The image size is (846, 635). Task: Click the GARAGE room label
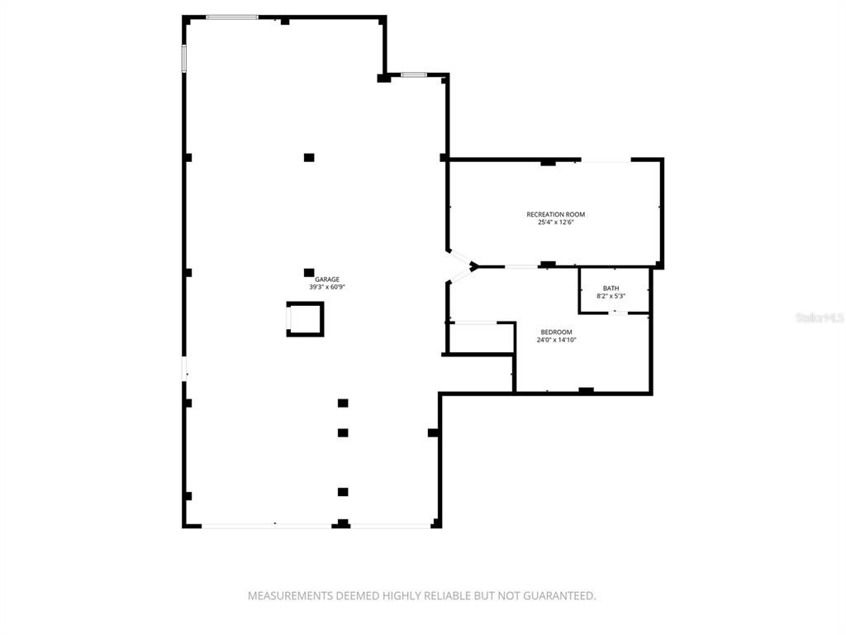[x=327, y=279]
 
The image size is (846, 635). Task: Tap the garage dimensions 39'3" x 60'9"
[x=327, y=288]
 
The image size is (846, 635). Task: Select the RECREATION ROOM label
[x=555, y=215]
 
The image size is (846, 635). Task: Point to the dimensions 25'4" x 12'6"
[x=555, y=222]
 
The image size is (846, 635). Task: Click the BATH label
[x=611, y=289]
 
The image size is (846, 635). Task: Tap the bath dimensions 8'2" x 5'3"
[x=611, y=296]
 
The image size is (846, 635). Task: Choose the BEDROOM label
[x=556, y=332]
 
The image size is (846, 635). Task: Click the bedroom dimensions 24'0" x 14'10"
[x=556, y=339]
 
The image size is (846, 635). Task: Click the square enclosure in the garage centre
[x=305, y=319]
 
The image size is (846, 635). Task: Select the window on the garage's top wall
[x=231, y=17]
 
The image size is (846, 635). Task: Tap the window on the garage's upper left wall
[x=184, y=58]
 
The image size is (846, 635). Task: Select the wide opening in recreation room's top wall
[x=607, y=160]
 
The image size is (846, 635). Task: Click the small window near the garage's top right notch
[x=414, y=75]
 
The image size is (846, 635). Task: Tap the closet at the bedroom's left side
[x=479, y=338]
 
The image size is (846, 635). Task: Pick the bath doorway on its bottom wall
[x=614, y=313]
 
